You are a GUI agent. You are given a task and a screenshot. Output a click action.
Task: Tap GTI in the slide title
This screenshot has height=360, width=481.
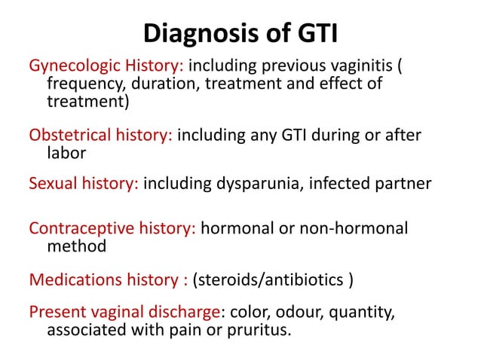click(x=314, y=35)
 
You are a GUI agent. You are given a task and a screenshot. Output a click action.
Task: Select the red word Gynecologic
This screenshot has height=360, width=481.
click(x=73, y=67)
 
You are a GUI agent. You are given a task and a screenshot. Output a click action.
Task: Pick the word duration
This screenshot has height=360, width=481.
click(x=159, y=84)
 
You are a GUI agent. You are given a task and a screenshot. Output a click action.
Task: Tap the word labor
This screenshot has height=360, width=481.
click(x=65, y=152)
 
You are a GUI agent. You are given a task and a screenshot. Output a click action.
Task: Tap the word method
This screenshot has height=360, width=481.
click(x=76, y=245)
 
